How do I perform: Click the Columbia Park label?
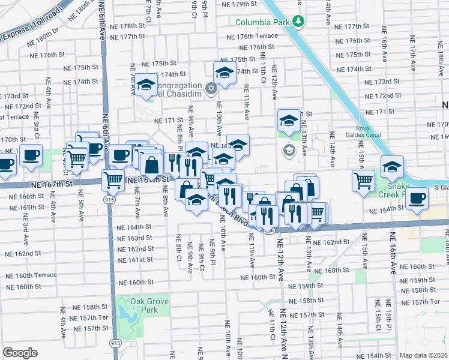pos(262,22)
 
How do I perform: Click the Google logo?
pos(20,353)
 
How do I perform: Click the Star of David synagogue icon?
pos(211,89)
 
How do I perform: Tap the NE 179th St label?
pos(239,4)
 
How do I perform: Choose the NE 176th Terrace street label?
pos(252,36)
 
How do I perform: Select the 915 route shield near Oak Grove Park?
pos(115,342)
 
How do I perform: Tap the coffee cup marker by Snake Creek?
pos(417,199)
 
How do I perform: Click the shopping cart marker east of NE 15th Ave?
pos(364,180)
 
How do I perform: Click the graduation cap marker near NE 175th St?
pos(224,73)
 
